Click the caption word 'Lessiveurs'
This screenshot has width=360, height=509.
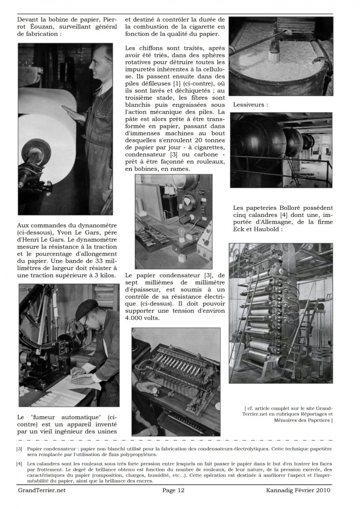click(248, 104)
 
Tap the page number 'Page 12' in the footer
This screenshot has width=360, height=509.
click(173, 490)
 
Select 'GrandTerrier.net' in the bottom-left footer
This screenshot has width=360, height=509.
click(42, 490)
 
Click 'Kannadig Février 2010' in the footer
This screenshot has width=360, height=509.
click(298, 490)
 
